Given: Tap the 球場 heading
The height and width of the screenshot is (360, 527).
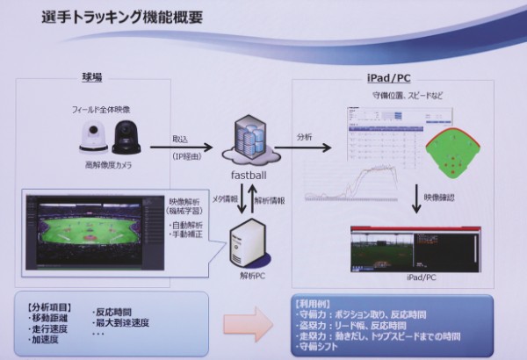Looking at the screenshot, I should [x=90, y=77].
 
